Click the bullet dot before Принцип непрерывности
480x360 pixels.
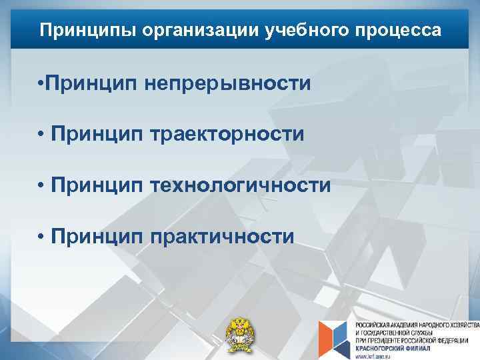point(41,85)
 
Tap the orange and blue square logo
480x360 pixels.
point(333,337)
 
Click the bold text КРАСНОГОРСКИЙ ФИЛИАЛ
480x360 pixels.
point(390,347)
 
